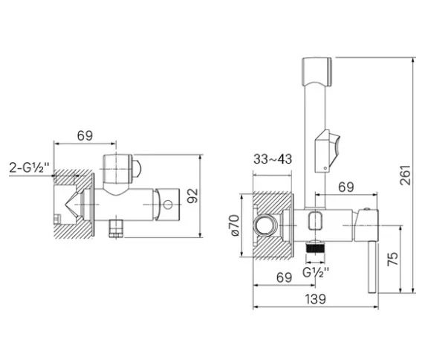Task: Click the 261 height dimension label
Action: click(x=405, y=175)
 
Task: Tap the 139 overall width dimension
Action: click(x=316, y=299)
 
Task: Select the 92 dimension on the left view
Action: click(x=192, y=196)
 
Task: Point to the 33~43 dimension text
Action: click(x=273, y=159)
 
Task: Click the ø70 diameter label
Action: click(x=235, y=225)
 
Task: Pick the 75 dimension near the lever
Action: click(x=393, y=259)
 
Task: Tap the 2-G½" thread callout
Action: click(x=29, y=167)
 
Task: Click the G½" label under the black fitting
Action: click(x=316, y=272)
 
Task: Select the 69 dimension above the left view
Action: click(x=85, y=135)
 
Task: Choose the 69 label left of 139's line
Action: click(x=284, y=277)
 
